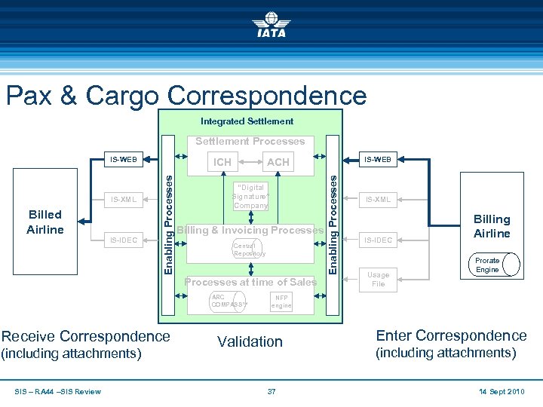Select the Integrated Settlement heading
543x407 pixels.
247,121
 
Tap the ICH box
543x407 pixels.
222,162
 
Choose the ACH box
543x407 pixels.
278,162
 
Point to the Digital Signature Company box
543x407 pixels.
250,197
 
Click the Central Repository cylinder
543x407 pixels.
250,249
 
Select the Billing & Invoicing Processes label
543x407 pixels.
250,230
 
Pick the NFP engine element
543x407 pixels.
281,301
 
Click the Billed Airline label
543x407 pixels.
44,222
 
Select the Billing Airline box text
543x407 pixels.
492,226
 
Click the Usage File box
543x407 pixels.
378,280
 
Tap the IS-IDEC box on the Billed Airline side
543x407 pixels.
124,240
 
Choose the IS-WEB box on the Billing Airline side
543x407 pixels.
378,160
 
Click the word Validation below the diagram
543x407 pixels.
250,341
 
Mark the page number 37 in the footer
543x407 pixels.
271,391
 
